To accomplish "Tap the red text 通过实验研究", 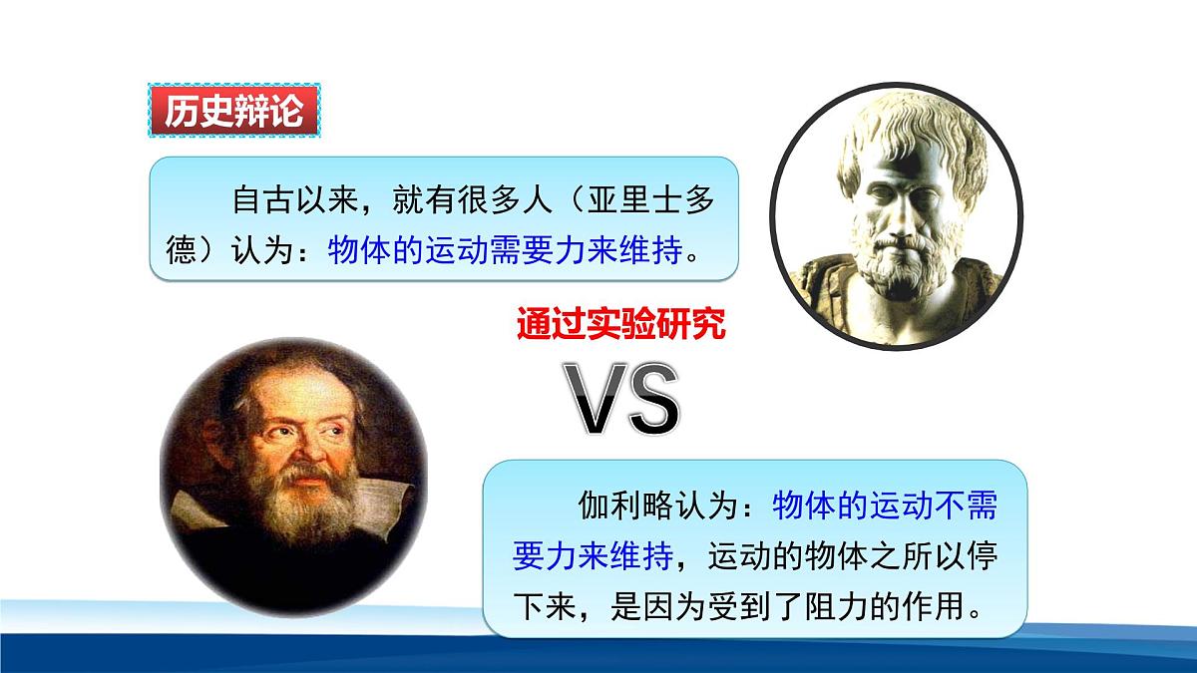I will tap(620, 325).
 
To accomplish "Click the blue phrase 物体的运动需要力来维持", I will tap(505, 249).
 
